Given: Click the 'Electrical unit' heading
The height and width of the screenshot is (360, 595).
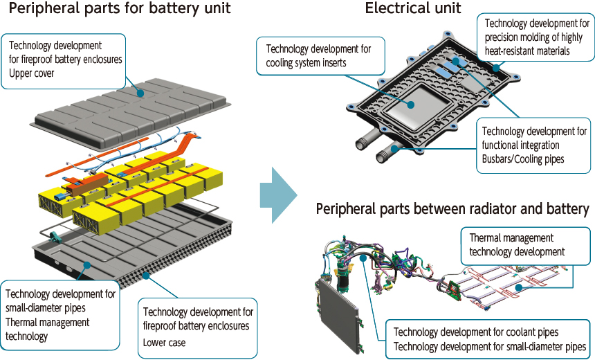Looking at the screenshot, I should (x=412, y=9).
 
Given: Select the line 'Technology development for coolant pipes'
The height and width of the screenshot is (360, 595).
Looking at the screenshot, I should (x=475, y=332).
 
